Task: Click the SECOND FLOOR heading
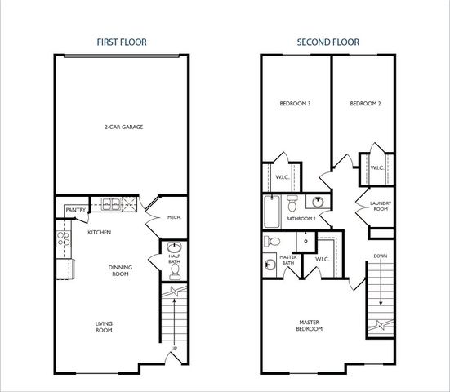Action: tap(328, 40)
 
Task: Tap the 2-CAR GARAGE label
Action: tap(122, 127)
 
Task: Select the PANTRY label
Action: tap(75, 211)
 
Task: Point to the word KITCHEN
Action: tap(100, 233)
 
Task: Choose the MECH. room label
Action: tap(173, 217)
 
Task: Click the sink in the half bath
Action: tap(174, 248)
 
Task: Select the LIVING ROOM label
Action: tap(103, 327)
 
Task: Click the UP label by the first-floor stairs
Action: tap(173, 351)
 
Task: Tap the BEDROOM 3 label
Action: tap(293, 104)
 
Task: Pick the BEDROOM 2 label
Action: tap(365, 104)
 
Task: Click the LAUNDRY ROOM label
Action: tap(381, 206)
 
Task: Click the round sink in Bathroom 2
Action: tap(318, 203)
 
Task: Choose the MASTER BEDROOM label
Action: tap(309, 326)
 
